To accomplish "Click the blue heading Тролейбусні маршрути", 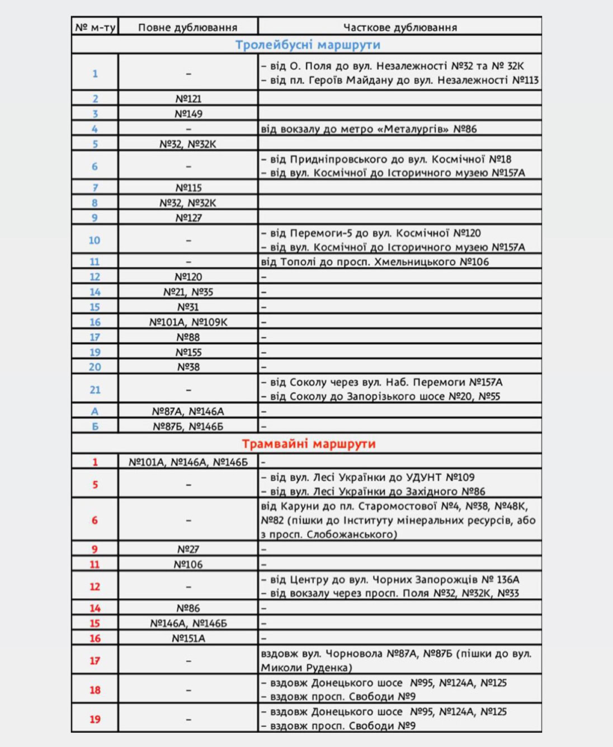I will pyautogui.click(x=307, y=45).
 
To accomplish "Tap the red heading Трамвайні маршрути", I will pyautogui.click(x=308, y=444).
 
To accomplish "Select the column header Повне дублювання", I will pyautogui.click(x=187, y=27).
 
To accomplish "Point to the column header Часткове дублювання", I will pyautogui.click(x=400, y=27).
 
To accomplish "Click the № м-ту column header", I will pyautogui.click(x=95, y=27).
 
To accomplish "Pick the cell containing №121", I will pyautogui.click(x=188, y=99).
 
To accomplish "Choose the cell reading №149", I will pyautogui.click(x=188, y=114).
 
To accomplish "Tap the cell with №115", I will pyautogui.click(x=188, y=188).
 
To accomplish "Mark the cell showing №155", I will pyautogui.click(x=188, y=353).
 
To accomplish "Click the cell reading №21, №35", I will pyautogui.click(x=188, y=292).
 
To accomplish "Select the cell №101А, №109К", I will pyautogui.click(x=188, y=322).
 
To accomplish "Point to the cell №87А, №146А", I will pyautogui.click(x=188, y=411).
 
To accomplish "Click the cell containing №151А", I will pyautogui.click(x=188, y=638).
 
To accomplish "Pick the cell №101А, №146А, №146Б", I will pyautogui.click(x=188, y=462).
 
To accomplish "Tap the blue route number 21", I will pyautogui.click(x=95, y=390).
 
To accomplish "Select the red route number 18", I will pyautogui.click(x=95, y=690).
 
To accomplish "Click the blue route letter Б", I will pyautogui.click(x=95, y=426).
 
